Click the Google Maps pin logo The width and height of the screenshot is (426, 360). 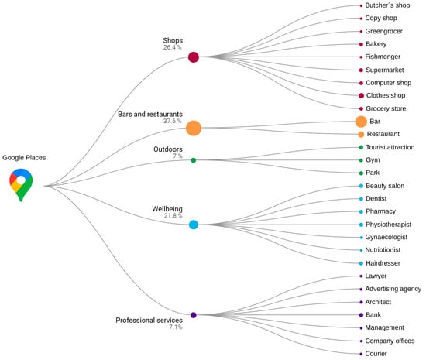pyautogui.click(x=21, y=184)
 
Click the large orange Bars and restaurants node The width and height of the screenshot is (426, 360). pyautogui.click(x=194, y=129)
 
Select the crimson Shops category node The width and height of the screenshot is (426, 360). pyautogui.click(x=194, y=57)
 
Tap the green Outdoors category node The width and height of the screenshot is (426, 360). pyautogui.click(x=194, y=160)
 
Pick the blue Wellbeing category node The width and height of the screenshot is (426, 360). pyautogui.click(x=194, y=225)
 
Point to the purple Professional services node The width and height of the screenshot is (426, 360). pyautogui.click(x=194, y=315)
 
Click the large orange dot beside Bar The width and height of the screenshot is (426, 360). pyautogui.click(x=361, y=122)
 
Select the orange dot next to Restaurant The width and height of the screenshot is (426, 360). pyautogui.click(x=361, y=135)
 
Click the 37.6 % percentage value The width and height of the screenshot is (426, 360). pyautogui.click(x=172, y=121)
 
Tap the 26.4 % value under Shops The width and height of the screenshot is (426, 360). pyautogui.click(x=172, y=47)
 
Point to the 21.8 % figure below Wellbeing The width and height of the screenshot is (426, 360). pyautogui.click(x=173, y=216)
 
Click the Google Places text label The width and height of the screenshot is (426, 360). pyautogui.click(x=24, y=158)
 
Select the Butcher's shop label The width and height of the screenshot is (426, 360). pyautogui.click(x=387, y=5)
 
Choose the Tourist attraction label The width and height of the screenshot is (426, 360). pyautogui.click(x=390, y=147)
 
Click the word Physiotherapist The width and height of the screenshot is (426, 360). pyautogui.click(x=389, y=225)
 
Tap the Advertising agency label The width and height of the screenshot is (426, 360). pyautogui.click(x=393, y=289)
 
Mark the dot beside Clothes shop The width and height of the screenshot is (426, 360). pyautogui.click(x=361, y=95)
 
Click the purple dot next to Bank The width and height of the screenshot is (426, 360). pyautogui.click(x=361, y=315)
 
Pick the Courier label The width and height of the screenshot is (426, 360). pyautogui.click(x=376, y=354)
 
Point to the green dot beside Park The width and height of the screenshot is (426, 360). pyautogui.click(x=361, y=173)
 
